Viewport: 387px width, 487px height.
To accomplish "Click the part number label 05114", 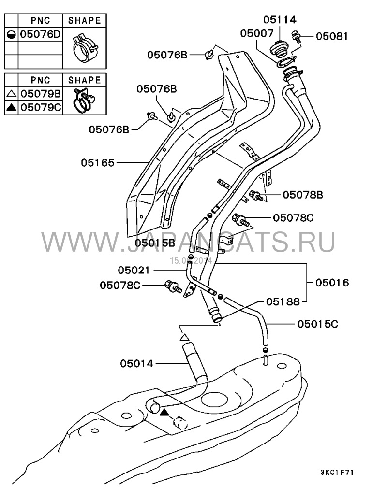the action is (x=280, y=19).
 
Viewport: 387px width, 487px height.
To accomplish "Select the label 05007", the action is (x=257, y=33).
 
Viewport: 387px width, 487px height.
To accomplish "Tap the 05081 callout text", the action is (x=332, y=36).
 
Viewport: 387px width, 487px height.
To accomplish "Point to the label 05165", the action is (x=98, y=163).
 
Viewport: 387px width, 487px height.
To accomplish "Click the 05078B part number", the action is (x=303, y=195).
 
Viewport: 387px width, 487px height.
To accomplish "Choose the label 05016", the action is (x=332, y=283).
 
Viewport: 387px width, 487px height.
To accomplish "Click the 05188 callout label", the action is (x=283, y=301).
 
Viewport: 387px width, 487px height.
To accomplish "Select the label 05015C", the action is (x=318, y=324).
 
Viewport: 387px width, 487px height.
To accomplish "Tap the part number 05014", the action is (x=137, y=363).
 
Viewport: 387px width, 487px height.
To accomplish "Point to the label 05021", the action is (x=134, y=270).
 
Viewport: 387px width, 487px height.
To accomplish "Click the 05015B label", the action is (x=155, y=243).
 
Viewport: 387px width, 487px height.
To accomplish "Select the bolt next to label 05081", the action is (x=297, y=37).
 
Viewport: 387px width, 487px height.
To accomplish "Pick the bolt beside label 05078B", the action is (x=256, y=196).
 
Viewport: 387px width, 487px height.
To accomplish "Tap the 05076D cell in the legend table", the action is (x=40, y=34).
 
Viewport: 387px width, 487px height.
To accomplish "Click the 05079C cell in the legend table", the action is (x=41, y=107).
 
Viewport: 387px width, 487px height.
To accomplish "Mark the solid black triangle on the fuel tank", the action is (x=164, y=413).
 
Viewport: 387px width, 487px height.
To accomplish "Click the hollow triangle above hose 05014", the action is (x=185, y=337).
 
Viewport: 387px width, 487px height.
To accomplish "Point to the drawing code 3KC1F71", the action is (x=337, y=473).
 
